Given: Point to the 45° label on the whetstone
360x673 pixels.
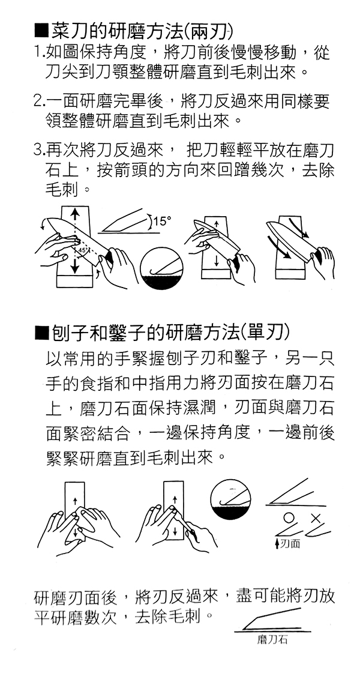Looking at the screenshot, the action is click(83, 250).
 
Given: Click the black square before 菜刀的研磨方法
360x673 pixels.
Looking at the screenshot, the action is click(41, 32).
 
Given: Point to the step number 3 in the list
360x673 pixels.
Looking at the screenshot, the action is click(38, 151).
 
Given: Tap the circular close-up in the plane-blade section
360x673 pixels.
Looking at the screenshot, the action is click(232, 499).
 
